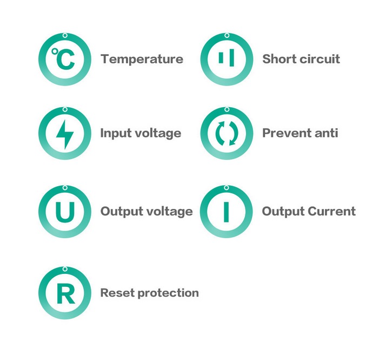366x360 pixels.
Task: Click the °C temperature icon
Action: click(64, 60)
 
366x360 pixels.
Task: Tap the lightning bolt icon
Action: click(64, 133)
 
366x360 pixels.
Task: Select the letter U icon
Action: click(64, 212)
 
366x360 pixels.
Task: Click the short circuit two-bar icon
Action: click(226, 59)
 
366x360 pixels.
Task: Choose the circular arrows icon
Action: click(226, 133)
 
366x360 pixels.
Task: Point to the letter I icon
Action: click(226, 212)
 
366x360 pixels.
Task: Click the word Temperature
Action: click(142, 59)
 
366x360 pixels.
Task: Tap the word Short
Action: click(278, 59)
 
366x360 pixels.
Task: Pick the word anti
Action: click(327, 133)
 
